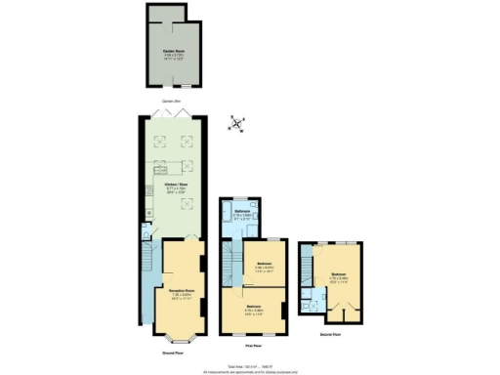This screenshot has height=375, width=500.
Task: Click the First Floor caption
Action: click(x=253, y=346)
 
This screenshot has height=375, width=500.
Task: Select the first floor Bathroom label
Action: click(x=245, y=214)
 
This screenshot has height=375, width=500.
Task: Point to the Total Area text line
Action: click(x=249, y=362)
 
